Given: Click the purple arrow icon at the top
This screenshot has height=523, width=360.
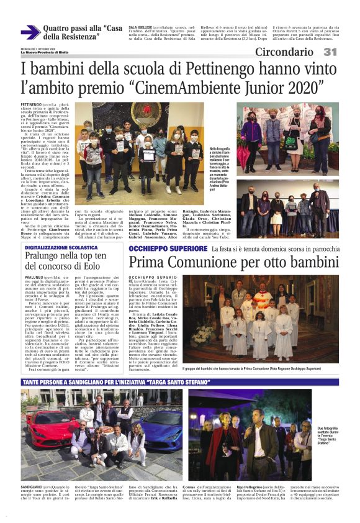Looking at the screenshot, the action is click(30, 32).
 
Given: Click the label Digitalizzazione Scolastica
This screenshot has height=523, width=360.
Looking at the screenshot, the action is click(61, 247).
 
